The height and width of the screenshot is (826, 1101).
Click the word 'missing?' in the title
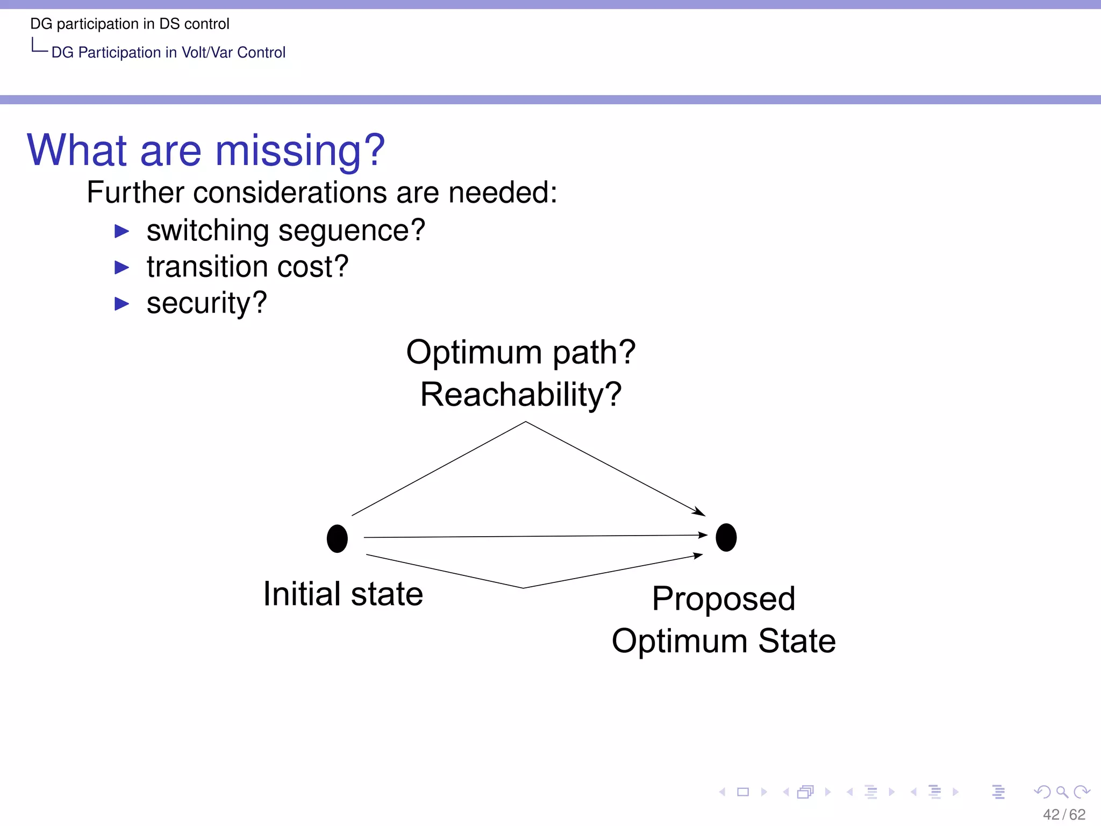(300, 151)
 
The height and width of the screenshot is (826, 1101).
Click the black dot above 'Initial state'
(337, 538)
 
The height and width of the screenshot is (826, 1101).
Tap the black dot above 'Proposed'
(726, 537)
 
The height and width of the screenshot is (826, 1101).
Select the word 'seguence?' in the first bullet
(352, 231)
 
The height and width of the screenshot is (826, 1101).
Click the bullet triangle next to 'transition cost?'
(122, 267)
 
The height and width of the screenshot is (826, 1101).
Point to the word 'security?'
(206, 303)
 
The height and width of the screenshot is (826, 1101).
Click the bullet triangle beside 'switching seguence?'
(122, 231)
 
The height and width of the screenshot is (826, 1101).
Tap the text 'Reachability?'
(520, 394)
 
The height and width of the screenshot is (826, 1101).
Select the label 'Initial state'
(343, 594)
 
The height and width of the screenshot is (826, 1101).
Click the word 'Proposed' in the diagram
(723, 599)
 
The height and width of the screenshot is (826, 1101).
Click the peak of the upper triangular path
(525, 422)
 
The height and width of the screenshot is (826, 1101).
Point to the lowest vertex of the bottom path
(523, 587)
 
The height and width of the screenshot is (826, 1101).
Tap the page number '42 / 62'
(1063, 814)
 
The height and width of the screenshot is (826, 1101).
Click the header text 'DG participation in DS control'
(130, 24)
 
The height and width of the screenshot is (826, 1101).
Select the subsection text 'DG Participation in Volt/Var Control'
(168, 52)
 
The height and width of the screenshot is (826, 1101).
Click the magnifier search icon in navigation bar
(1061, 792)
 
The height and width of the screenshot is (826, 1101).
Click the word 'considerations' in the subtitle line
(289, 193)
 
